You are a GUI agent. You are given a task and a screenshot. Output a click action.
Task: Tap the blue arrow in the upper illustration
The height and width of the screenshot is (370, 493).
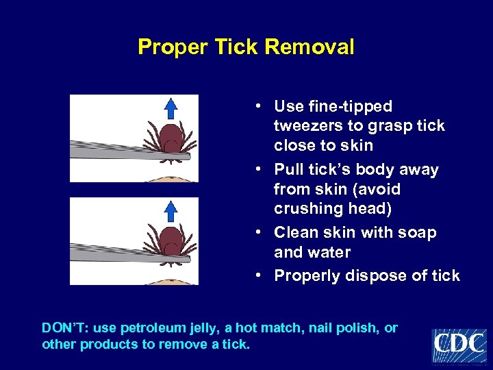(171, 108)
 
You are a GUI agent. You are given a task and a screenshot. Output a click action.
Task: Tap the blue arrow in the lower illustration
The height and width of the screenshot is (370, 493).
(171, 211)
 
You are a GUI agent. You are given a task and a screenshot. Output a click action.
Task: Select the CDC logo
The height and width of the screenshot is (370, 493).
(459, 345)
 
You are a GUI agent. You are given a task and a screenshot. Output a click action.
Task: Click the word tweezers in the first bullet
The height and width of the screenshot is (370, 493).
(305, 126)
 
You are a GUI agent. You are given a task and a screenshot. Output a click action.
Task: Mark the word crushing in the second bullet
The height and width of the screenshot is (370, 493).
(305, 208)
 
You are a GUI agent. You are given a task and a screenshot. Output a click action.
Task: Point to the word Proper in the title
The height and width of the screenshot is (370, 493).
(165, 47)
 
